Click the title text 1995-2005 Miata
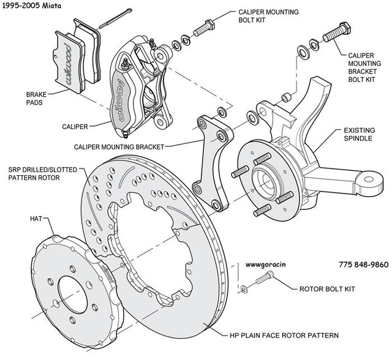pos(34,6)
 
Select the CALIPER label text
pos(75,127)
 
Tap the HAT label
pos(35,218)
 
